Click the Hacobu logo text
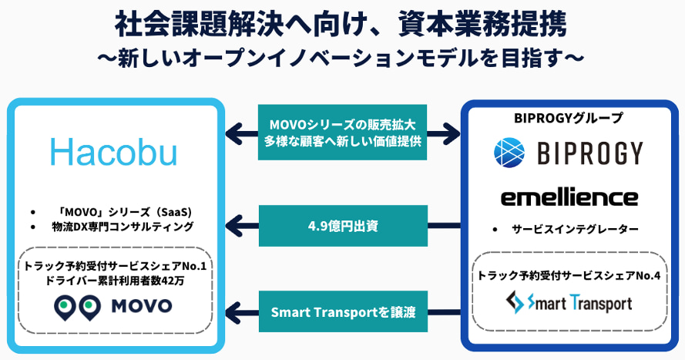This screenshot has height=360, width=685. click(113, 152)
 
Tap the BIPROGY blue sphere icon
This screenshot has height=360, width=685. click(509, 153)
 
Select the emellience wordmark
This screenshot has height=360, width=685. click(569, 198)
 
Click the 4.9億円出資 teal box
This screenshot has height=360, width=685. click(343, 226)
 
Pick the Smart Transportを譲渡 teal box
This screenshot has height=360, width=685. click(343, 312)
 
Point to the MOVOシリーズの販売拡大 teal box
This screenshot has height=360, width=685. click(342, 133)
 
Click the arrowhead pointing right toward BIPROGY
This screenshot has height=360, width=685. click(451, 133)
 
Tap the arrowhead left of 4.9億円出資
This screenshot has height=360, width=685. click(234, 226)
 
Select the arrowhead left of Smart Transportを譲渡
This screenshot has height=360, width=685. click(234, 312)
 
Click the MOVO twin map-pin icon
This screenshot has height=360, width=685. click(77, 307)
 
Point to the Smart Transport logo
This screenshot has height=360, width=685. click(569, 303)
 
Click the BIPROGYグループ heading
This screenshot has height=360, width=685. click(569, 118)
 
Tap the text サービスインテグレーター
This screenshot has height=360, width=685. click(575, 229)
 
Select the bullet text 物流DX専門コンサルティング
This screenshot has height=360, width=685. click(123, 227)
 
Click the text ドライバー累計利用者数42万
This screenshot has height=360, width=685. click(115, 281)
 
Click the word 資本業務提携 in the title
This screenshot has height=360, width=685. click(482, 24)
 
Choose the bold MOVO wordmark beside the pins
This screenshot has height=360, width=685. click(142, 306)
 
